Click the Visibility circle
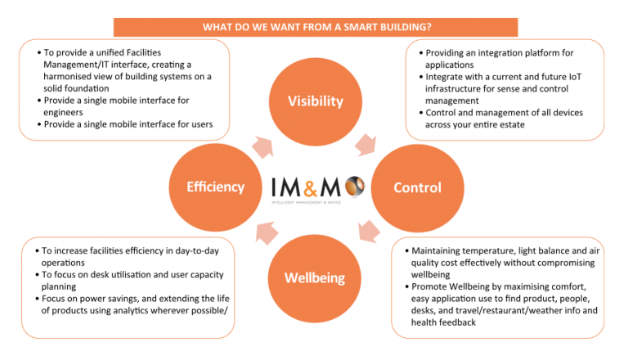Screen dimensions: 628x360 (x=316, y=101)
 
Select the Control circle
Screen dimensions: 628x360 (x=417, y=187)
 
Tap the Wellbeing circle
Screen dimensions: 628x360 (x=315, y=278)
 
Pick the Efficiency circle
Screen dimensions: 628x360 (x=216, y=187)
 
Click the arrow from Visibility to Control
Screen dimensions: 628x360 (x=366, y=145)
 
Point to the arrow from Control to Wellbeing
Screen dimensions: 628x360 (x=369, y=232)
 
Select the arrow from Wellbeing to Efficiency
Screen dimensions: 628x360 (x=267, y=233)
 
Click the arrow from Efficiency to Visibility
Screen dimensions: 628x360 (x=262, y=147)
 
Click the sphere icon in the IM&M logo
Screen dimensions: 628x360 (x=355, y=187)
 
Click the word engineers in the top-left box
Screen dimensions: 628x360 (x=63, y=112)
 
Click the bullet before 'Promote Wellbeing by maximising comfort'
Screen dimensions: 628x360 (x=406, y=286)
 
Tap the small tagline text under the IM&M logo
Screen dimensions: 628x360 (x=307, y=203)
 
